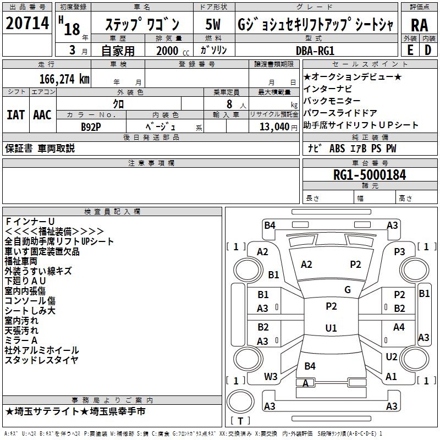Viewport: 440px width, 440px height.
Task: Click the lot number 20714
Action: click(x=27, y=24)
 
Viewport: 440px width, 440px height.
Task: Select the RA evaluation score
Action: click(x=419, y=25)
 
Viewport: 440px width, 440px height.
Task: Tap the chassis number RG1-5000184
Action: click(x=370, y=175)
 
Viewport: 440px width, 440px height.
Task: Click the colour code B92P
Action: click(x=91, y=127)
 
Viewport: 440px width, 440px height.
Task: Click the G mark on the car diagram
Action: click(x=347, y=290)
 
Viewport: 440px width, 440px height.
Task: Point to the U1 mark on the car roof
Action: click(x=331, y=328)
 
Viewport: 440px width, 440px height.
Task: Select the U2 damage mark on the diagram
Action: click(x=391, y=357)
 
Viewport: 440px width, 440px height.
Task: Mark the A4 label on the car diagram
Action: click(x=399, y=327)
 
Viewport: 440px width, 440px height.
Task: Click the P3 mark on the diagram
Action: click(x=399, y=251)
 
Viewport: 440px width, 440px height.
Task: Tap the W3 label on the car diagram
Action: click(x=271, y=377)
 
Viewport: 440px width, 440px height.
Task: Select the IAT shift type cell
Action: click(x=15, y=114)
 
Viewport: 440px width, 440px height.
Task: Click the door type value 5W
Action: click(x=213, y=25)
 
